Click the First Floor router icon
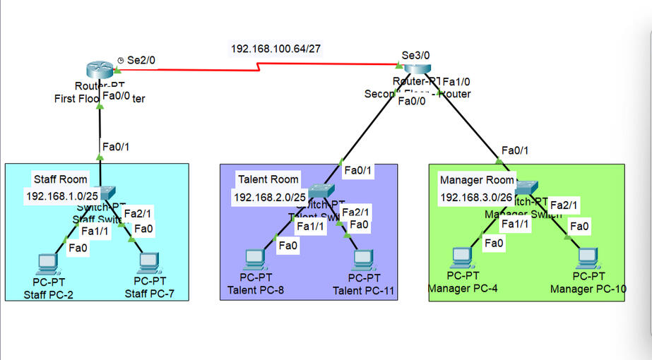coord(100,69)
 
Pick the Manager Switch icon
coord(526,187)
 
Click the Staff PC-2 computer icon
coord(48,263)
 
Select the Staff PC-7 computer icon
coord(148,263)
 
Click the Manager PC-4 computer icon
coord(462,258)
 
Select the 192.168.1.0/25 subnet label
coord(58,196)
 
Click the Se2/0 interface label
coord(141,61)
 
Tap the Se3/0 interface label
coord(415,55)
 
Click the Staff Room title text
coord(60,179)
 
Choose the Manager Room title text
coord(477,180)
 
